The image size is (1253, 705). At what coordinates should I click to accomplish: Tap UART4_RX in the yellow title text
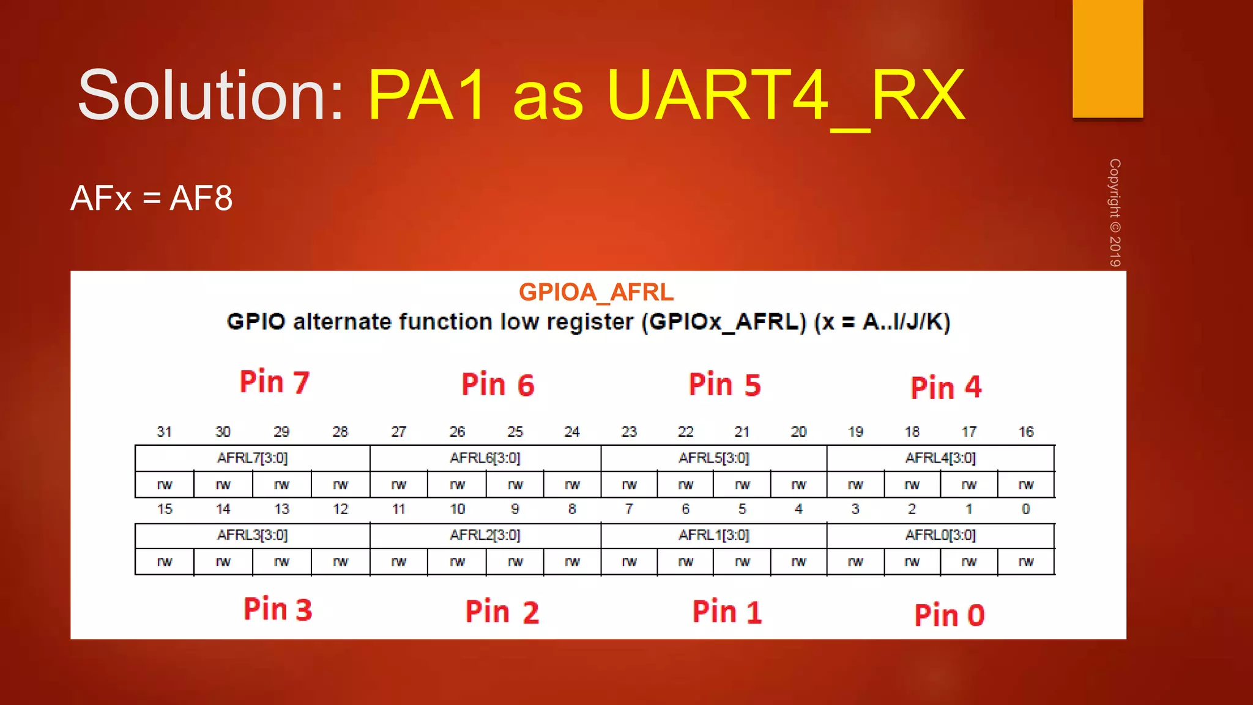click(786, 95)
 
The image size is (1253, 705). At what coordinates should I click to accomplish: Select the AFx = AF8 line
click(151, 198)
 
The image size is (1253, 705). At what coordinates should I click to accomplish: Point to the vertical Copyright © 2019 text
click(1115, 212)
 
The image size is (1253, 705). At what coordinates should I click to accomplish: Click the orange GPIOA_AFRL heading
click(596, 293)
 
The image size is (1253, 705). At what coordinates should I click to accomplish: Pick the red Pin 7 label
click(275, 382)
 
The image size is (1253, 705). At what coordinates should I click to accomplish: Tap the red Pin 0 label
click(949, 615)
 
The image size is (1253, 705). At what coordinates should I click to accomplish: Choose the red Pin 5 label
click(724, 385)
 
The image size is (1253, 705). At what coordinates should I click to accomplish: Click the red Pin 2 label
click(502, 612)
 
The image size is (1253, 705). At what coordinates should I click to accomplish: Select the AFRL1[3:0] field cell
click(713, 535)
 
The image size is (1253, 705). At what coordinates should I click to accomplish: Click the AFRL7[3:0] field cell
click(252, 458)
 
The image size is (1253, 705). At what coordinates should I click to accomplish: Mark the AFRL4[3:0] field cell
click(940, 458)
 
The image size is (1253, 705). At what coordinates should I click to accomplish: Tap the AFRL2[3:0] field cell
click(485, 535)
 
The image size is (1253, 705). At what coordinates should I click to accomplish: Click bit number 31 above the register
click(164, 432)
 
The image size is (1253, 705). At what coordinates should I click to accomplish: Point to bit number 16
click(1026, 432)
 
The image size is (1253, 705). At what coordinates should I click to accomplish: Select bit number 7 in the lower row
click(629, 509)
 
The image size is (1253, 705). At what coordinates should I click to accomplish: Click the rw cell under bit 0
click(1026, 562)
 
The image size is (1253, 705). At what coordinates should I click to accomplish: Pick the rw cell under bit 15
click(165, 562)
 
